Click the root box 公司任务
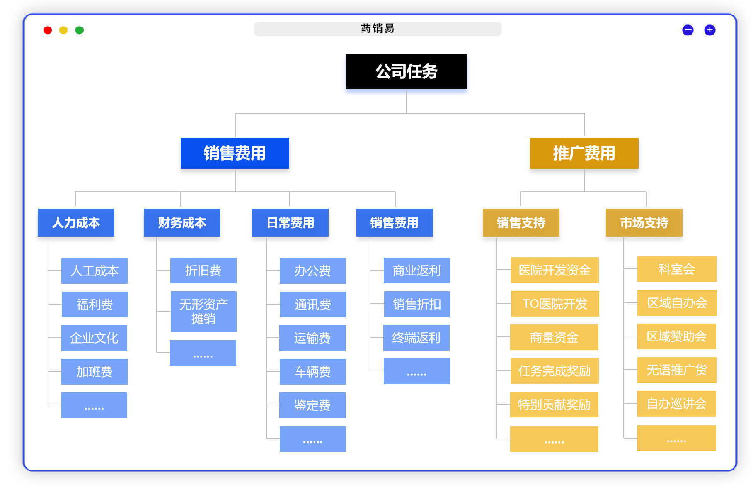click(x=406, y=72)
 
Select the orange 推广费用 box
click(x=584, y=154)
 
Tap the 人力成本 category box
click(x=76, y=223)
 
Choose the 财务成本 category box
click(x=182, y=223)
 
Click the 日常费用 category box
click(x=290, y=223)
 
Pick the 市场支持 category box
click(x=644, y=223)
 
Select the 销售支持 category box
click(x=521, y=223)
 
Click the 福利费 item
click(x=94, y=305)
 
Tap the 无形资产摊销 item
click(x=203, y=312)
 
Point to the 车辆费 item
click(x=313, y=372)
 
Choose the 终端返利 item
click(x=416, y=338)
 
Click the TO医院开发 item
click(x=555, y=304)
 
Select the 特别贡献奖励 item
click(x=554, y=405)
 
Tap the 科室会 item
click(x=677, y=269)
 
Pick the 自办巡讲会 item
click(x=676, y=404)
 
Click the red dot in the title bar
click(x=48, y=30)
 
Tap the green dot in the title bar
click(x=79, y=30)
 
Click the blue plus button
click(x=709, y=30)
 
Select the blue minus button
click(x=688, y=30)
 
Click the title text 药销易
click(x=378, y=29)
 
